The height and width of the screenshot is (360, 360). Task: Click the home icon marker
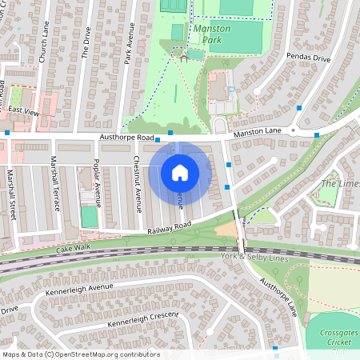[180, 172]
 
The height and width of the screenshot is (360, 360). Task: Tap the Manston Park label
[212, 34]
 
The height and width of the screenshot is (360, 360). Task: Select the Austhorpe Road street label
[126, 138]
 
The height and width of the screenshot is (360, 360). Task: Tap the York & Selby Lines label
[254, 257]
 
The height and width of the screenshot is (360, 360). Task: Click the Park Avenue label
[128, 43]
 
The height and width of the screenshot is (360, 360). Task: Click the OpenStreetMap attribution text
[80, 354]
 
